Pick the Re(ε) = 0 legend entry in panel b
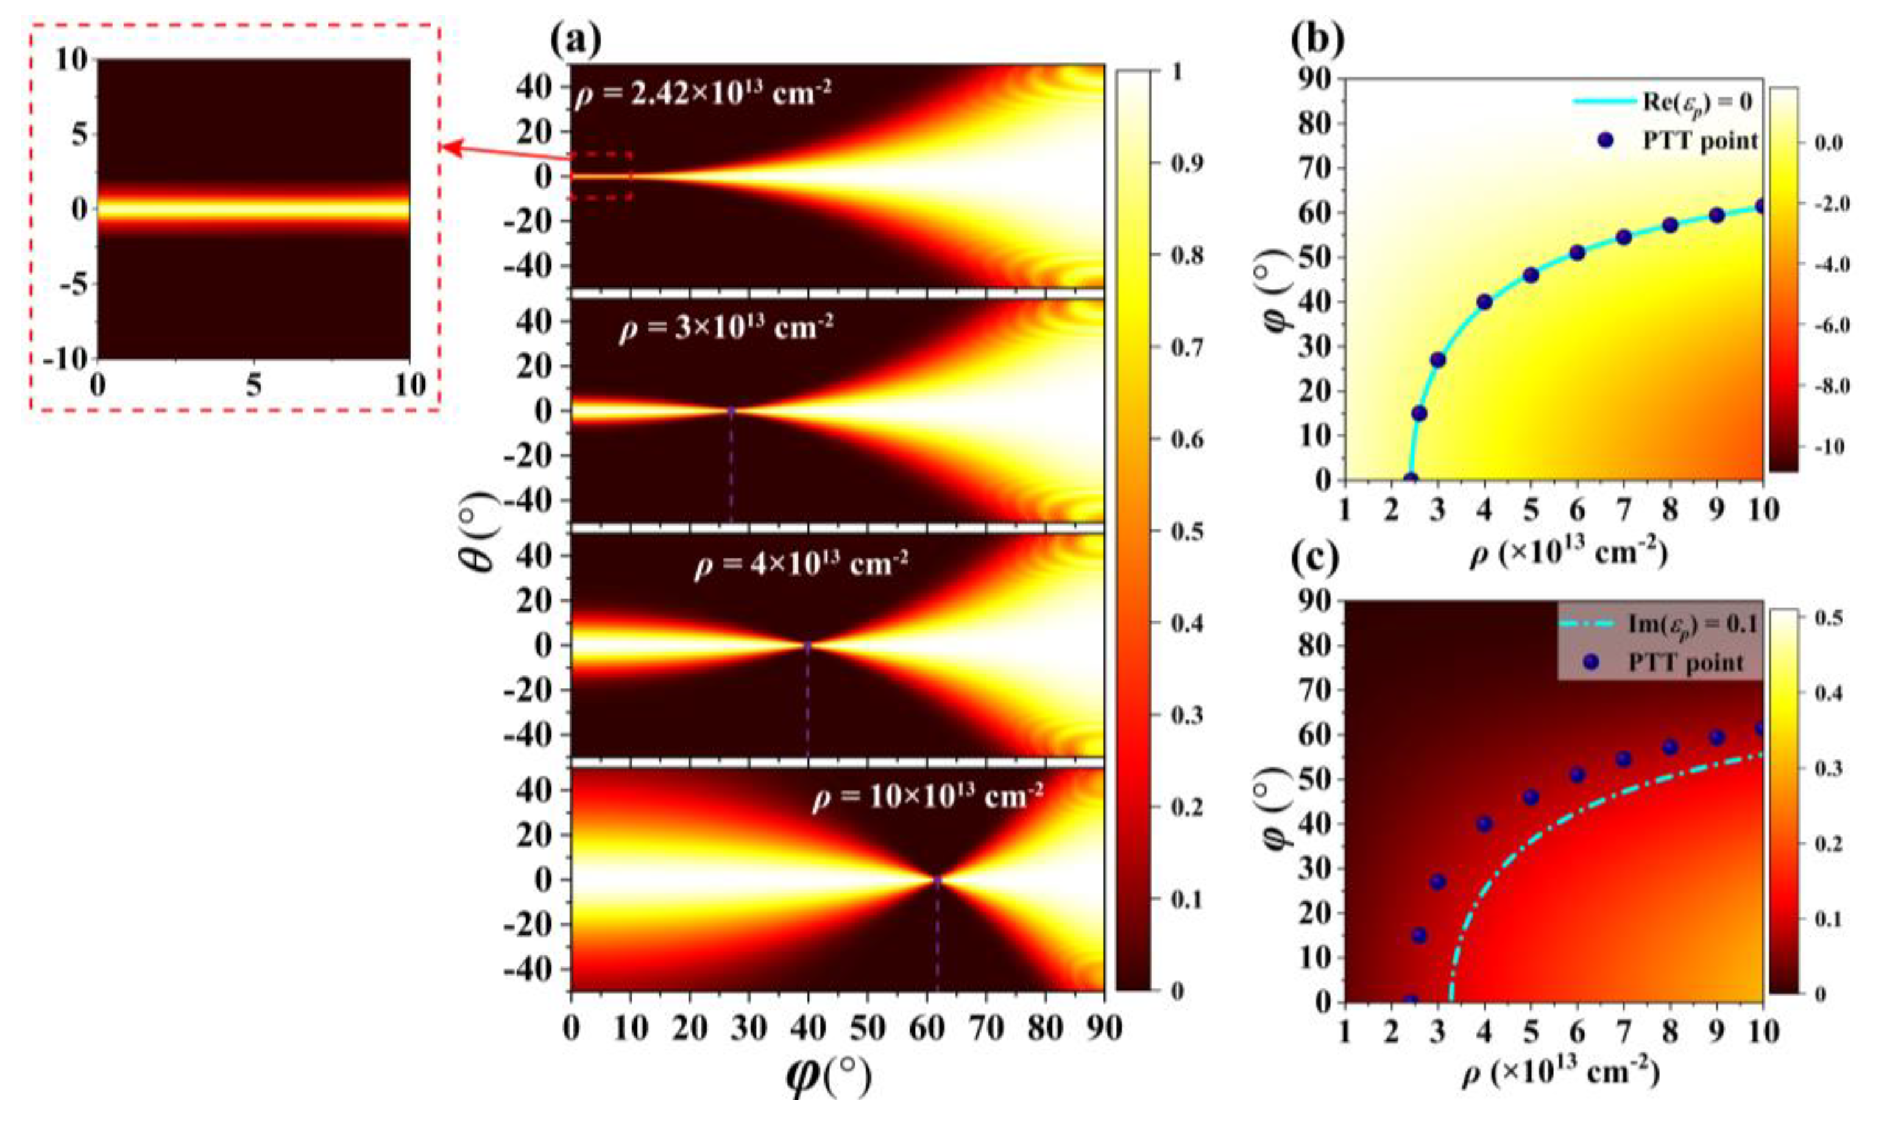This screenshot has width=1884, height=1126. (1662, 102)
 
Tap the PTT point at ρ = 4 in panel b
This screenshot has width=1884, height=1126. (1485, 302)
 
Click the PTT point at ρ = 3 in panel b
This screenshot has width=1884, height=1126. (1437, 360)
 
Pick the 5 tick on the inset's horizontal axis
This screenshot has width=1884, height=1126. (253, 385)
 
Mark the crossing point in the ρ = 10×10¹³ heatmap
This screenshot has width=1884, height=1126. (937, 879)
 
